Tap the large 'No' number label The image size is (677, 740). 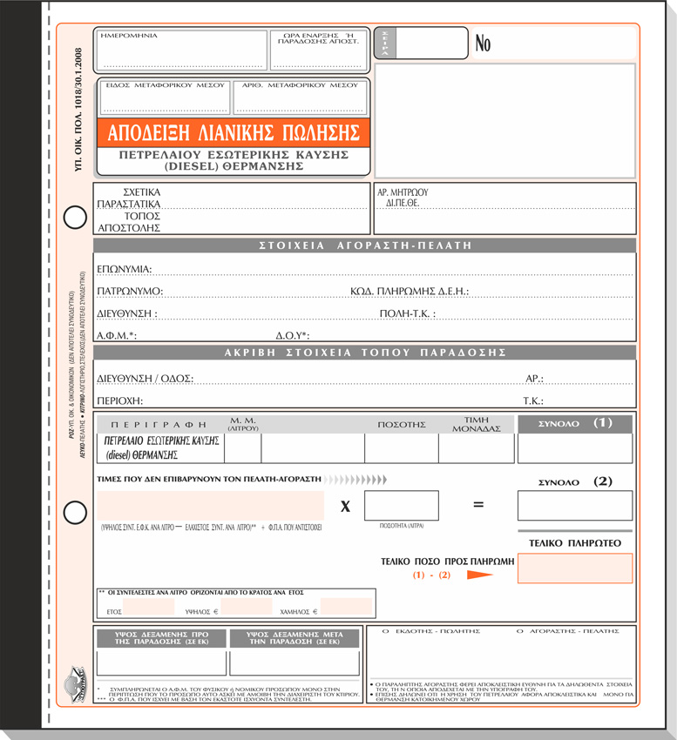click(484, 44)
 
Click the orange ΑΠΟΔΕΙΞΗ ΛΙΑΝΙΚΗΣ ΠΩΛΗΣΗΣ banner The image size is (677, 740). click(234, 133)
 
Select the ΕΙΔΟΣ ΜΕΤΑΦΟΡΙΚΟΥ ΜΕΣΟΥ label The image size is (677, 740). click(164, 85)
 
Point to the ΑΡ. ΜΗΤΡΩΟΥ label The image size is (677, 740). click(403, 192)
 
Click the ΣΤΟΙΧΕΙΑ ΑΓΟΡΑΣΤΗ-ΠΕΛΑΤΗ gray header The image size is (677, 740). click(364, 246)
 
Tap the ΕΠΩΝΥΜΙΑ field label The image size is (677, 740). click(125, 269)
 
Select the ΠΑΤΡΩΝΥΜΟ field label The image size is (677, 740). click(130, 291)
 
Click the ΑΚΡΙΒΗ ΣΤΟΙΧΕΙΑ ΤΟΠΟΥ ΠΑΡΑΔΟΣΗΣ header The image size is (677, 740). click(364, 353)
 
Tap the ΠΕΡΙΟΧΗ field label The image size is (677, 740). click(119, 400)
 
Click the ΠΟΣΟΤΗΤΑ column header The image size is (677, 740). click(401, 425)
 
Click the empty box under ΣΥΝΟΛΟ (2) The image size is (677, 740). click(574, 505)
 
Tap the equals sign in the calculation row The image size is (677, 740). click(477, 505)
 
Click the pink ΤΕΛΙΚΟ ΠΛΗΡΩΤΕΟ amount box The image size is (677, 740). click(574, 568)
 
